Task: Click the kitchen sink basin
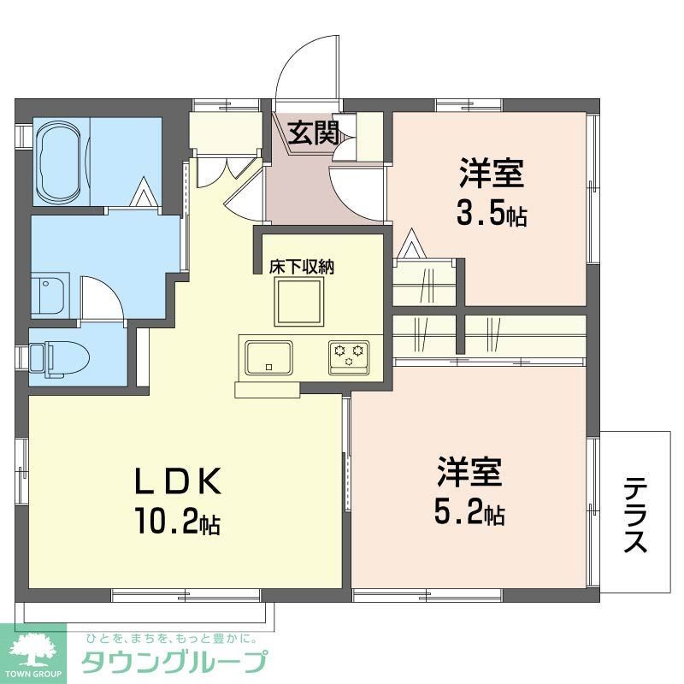point(268,357)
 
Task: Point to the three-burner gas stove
point(349,355)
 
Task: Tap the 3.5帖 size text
point(490,214)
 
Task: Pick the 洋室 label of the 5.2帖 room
point(469,473)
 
